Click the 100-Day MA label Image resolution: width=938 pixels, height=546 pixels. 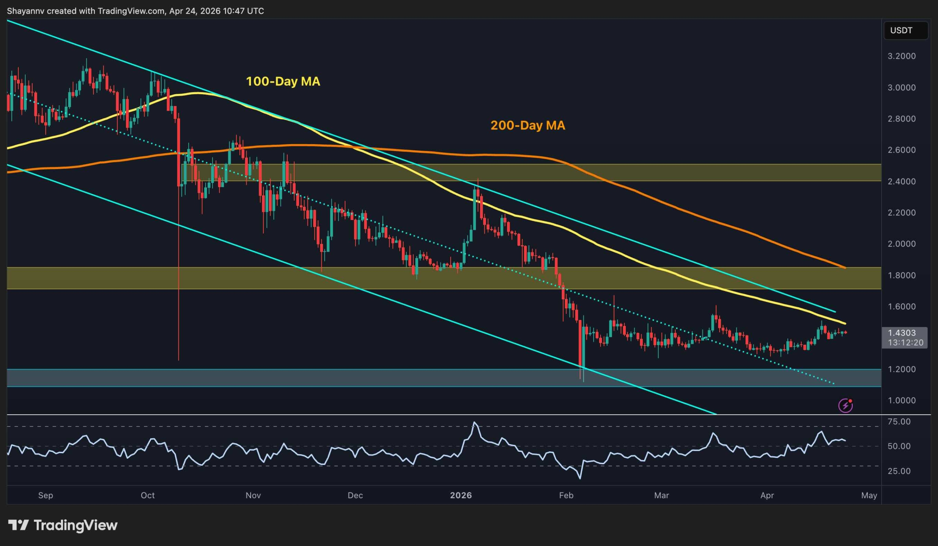point(283,81)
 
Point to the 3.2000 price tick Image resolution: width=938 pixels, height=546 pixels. point(901,56)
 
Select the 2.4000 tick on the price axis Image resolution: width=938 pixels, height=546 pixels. point(901,182)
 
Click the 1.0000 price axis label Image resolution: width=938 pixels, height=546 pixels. point(901,400)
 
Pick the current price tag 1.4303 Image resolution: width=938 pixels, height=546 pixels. point(902,333)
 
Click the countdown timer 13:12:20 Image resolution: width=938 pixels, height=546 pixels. point(905,342)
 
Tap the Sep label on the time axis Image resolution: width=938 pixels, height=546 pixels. point(45,495)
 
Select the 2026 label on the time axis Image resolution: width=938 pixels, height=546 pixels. point(461,495)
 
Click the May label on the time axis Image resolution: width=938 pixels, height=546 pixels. point(869,495)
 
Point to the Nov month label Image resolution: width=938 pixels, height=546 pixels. point(253,495)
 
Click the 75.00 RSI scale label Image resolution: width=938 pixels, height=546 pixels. point(899,422)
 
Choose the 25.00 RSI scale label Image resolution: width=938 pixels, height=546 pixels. point(899,471)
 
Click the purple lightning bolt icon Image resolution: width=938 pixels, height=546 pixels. point(845,405)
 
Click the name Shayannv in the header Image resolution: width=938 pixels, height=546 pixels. point(25,11)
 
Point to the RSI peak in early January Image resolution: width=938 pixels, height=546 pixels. point(474,422)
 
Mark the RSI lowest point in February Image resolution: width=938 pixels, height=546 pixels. point(580,478)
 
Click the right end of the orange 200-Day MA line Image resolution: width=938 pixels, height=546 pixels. point(845,267)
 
